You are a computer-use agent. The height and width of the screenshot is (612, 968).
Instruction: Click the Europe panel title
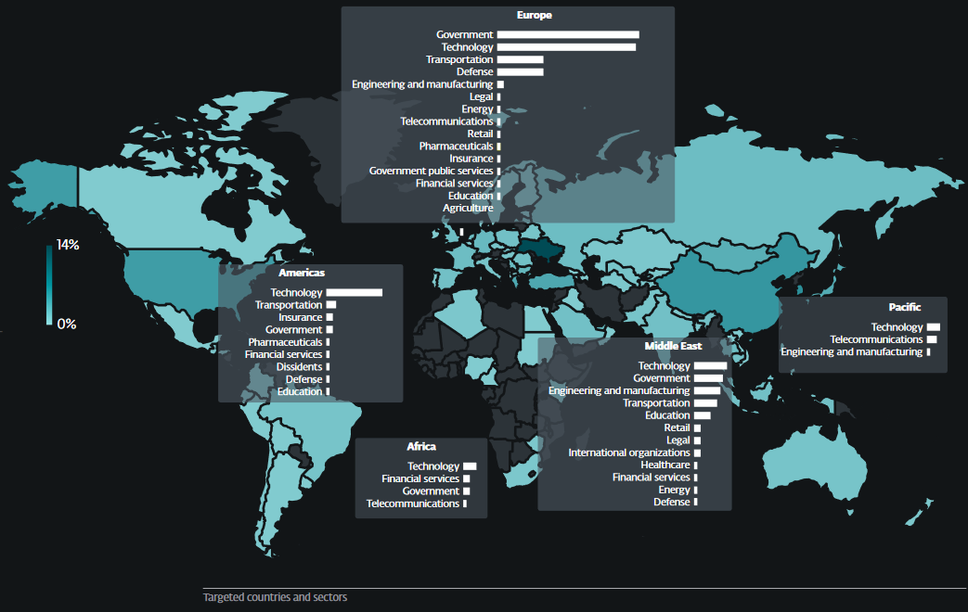[535, 15]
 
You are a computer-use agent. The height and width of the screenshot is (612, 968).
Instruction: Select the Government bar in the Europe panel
[568, 35]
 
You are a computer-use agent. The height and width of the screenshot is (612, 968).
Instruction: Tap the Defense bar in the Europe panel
[520, 71]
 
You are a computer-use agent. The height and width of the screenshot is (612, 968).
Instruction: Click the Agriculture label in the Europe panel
[468, 208]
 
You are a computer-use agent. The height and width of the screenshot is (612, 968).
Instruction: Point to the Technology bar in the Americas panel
[354, 292]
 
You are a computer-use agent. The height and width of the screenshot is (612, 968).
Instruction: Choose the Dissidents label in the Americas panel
[299, 366]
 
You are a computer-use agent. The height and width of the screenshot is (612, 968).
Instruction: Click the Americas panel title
[302, 273]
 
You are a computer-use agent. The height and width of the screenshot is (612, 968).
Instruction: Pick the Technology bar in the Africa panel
[470, 465]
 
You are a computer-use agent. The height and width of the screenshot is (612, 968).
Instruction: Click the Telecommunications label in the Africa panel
[412, 504]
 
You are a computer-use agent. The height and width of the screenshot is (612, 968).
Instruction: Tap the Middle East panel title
[673, 346]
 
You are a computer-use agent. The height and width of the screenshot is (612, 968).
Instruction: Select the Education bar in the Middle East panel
[702, 415]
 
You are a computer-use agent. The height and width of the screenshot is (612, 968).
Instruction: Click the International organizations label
[629, 453]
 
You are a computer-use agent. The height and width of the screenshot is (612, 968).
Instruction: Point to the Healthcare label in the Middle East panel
[665, 465]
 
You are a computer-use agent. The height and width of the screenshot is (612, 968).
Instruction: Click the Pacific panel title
[904, 307]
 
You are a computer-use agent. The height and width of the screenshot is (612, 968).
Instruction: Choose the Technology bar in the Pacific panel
[933, 327]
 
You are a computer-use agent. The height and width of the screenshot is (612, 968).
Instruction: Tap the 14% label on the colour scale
[68, 246]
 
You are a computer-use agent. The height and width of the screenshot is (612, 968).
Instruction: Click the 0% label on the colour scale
[66, 324]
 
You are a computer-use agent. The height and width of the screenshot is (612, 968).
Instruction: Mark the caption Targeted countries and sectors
[275, 597]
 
